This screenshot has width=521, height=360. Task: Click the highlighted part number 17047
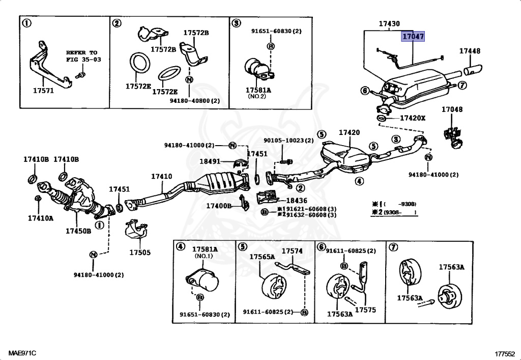click(x=413, y=36)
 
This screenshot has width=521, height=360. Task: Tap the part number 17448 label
click(x=470, y=51)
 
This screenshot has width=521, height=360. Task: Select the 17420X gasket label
click(x=412, y=118)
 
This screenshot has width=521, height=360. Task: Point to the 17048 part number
click(x=452, y=109)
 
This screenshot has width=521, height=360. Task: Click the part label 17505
click(x=140, y=253)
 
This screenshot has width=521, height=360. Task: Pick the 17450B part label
click(x=78, y=231)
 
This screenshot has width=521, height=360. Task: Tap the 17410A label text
click(x=41, y=218)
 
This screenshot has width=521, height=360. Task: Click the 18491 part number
click(x=210, y=161)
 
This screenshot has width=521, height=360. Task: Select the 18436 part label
click(x=297, y=201)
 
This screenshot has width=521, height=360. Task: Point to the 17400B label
click(x=219, y=206)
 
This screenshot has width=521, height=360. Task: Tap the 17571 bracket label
click(x=43, y=91)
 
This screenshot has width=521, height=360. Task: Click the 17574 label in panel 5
click(x=292, y=252)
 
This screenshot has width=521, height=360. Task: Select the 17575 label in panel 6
click(x=365, y=310)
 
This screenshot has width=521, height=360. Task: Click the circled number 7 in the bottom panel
click(x=393, y=247)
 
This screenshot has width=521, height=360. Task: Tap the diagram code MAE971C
click(x=22, y=353)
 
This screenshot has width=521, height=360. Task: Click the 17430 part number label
click(x=389, y=23)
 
